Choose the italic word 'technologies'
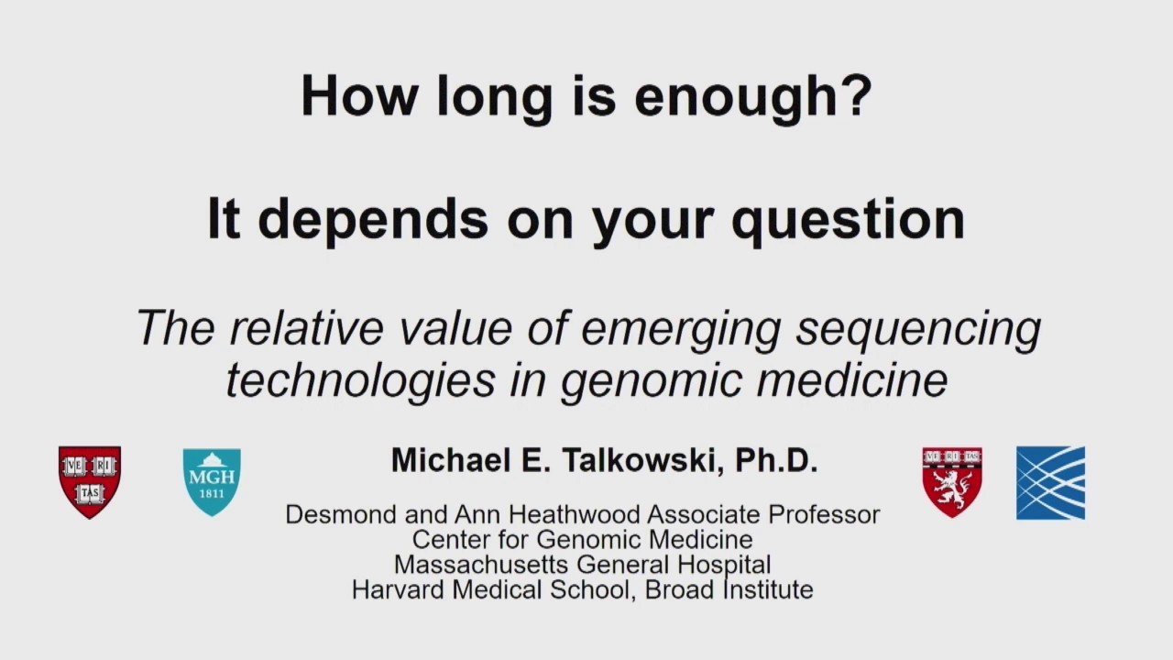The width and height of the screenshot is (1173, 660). [360, 379]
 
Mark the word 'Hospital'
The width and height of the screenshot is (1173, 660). [718, 565]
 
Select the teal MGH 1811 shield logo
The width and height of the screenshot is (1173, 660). [212, 481]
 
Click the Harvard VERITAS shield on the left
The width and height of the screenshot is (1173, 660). [90, 481]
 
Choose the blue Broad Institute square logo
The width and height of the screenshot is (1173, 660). [1050, 483]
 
